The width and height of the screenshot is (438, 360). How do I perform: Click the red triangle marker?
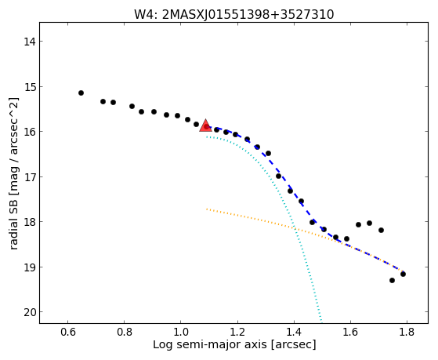click(x=205, y=125)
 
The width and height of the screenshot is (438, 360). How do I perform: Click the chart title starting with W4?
click(x=234, y=15)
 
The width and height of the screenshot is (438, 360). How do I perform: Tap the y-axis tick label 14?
click(x=30, y=42)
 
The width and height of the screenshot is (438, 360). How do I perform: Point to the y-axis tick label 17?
click(x=30, y=177)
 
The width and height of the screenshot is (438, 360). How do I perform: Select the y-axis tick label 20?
click(x=30, y=312)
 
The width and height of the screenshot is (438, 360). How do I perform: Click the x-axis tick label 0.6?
click(x=68, y=333)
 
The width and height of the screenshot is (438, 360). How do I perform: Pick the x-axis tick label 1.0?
click(x=181, y=333)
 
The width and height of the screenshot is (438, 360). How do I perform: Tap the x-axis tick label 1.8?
click(x=407, y=333)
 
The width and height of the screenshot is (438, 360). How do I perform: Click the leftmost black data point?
click(x=81, y=93)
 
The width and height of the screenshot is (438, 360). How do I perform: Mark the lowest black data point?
click(x=392, y=280)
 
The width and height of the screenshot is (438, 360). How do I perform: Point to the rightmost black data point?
click(x=403, y=274)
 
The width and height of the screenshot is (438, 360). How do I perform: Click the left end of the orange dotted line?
click(x=207, y=209)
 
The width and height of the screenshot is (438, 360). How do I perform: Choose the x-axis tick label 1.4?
click(x=294, y=333)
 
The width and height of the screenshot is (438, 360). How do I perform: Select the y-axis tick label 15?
click(x=30, y=87)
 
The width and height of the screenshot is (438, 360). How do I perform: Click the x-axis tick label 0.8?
click(x=125, y=333)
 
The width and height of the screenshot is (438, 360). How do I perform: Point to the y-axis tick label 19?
click(x=30, y=267)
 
